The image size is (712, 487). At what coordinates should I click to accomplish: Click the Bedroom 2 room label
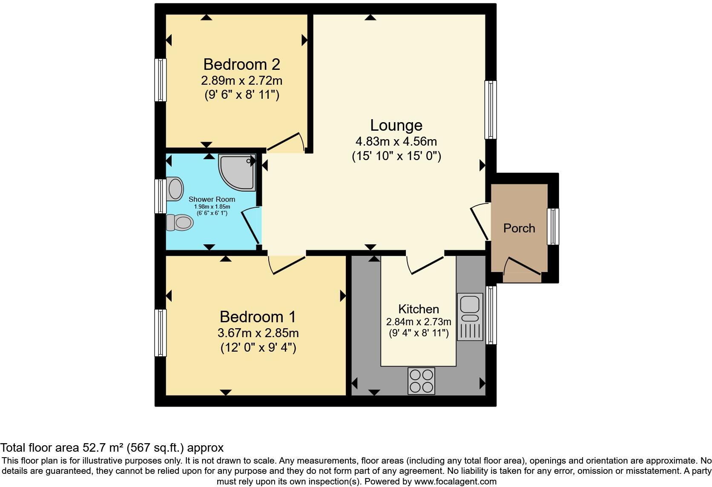[x=241, y=64]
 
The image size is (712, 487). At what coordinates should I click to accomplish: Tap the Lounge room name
[x=396, y=125]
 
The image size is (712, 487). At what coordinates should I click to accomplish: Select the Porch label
[x=519, y=228]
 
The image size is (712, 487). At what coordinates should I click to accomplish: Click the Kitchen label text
[x=418, y=309]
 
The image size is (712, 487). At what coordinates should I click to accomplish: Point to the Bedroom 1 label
[x=258, y=317]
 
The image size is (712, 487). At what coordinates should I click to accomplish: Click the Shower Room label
[x=212, y=199]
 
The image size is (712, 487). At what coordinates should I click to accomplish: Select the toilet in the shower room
[x=180, y=222]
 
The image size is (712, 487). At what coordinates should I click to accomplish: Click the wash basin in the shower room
[x=175, y=189]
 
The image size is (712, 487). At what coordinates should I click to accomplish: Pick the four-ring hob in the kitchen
[x=421, y=381]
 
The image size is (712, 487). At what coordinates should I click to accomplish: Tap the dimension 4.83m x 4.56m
[x=396, y=141]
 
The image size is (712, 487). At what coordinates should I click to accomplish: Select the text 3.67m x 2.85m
[x=258, y=333]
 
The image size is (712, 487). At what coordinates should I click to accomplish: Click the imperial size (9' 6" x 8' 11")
[x=241, y=95]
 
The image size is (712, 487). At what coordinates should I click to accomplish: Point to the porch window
[x=553, y=226]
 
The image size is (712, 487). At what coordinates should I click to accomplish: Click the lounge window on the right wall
[x=491, y=110]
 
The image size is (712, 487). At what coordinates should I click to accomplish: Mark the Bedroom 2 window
[x=161, y=80]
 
